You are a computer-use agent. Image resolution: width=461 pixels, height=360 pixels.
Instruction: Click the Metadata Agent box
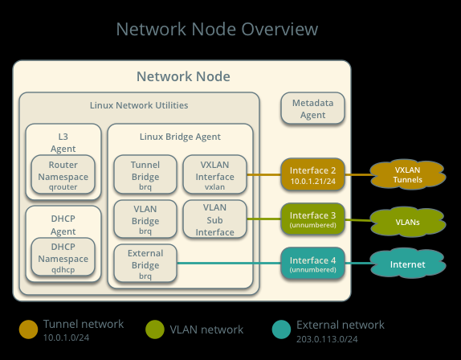(312, 108)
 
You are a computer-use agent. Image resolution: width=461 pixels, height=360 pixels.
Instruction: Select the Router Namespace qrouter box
(63, 174)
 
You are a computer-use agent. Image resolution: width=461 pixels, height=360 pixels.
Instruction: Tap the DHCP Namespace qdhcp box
(63, 257)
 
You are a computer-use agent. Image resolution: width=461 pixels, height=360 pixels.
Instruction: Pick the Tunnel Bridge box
(145, 174)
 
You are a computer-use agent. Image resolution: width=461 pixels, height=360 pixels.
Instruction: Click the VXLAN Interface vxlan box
(214, 174)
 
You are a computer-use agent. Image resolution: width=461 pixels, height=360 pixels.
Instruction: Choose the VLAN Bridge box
(145, 219)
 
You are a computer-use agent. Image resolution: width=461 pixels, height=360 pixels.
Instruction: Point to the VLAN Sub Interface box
(214, 219)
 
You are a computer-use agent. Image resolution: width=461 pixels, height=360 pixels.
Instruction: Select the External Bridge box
(145, 264)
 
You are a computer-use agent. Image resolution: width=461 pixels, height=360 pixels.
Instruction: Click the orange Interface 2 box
(312, 174)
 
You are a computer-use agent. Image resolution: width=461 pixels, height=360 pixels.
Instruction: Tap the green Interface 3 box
(312, 219)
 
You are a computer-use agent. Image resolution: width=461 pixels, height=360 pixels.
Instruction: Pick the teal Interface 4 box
(312, 264)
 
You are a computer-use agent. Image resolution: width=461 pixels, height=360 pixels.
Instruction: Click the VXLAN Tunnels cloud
(408, 174)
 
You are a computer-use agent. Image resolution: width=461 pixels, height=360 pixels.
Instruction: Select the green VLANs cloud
(408, 222)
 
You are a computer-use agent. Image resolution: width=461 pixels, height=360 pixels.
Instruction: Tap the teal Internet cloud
(408, 264)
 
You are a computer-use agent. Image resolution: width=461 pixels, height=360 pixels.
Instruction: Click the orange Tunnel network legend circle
(29, 329)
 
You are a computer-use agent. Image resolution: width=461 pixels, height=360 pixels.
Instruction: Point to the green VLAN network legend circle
(155, 329)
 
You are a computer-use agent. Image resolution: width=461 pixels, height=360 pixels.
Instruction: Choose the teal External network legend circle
(281, 329)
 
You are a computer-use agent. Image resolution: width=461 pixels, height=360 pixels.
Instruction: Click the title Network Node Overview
(217, 29)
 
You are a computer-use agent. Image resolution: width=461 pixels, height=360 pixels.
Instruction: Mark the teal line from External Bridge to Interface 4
(229, 264)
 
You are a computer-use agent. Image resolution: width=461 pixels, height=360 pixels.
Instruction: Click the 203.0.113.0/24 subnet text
(327, 339)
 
